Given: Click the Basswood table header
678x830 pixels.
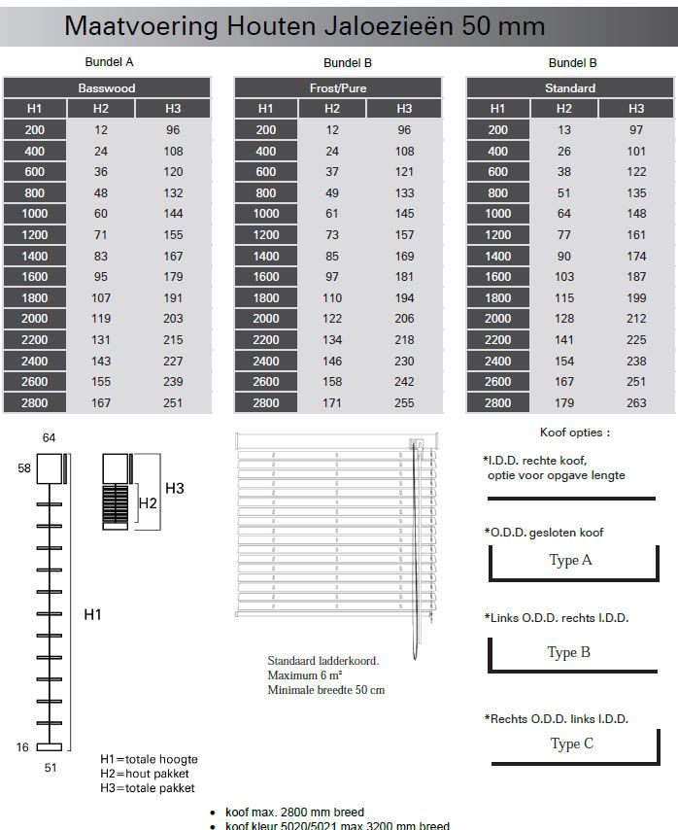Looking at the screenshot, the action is (x=107, y=87).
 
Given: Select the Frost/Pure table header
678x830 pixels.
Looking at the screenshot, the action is (x=338, y=87).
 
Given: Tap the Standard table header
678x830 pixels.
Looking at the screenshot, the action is (x=570, y=87).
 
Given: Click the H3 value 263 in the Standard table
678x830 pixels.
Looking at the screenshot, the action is (x=636, y=402).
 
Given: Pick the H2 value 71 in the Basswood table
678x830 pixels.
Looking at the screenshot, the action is (x=100, y=234).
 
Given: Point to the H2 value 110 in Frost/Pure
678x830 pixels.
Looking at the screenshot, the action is (x=332, y=298).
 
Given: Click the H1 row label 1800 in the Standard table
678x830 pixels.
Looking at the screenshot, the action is (x=497, y=298).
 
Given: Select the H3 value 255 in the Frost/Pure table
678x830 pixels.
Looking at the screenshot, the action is (x=404, y=402).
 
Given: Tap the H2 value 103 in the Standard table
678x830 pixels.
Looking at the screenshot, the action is (x=564, y=277).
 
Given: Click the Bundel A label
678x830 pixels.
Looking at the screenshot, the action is (x=110, y=62).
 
